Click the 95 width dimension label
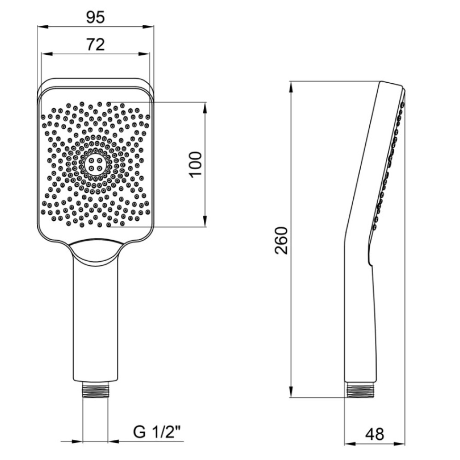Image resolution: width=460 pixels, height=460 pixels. pos(95,17)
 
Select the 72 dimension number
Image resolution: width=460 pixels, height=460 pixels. pos(95,45)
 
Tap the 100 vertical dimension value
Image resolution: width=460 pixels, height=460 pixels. pos(195,164)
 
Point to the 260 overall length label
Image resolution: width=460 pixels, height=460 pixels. pos(282,240)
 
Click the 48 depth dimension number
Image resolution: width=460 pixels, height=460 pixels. pos(374,434)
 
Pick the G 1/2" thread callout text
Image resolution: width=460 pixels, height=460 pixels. pos(157,432)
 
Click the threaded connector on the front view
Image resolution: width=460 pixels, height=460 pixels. pos(96,390)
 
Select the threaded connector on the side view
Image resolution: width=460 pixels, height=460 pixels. pos(360,390)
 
